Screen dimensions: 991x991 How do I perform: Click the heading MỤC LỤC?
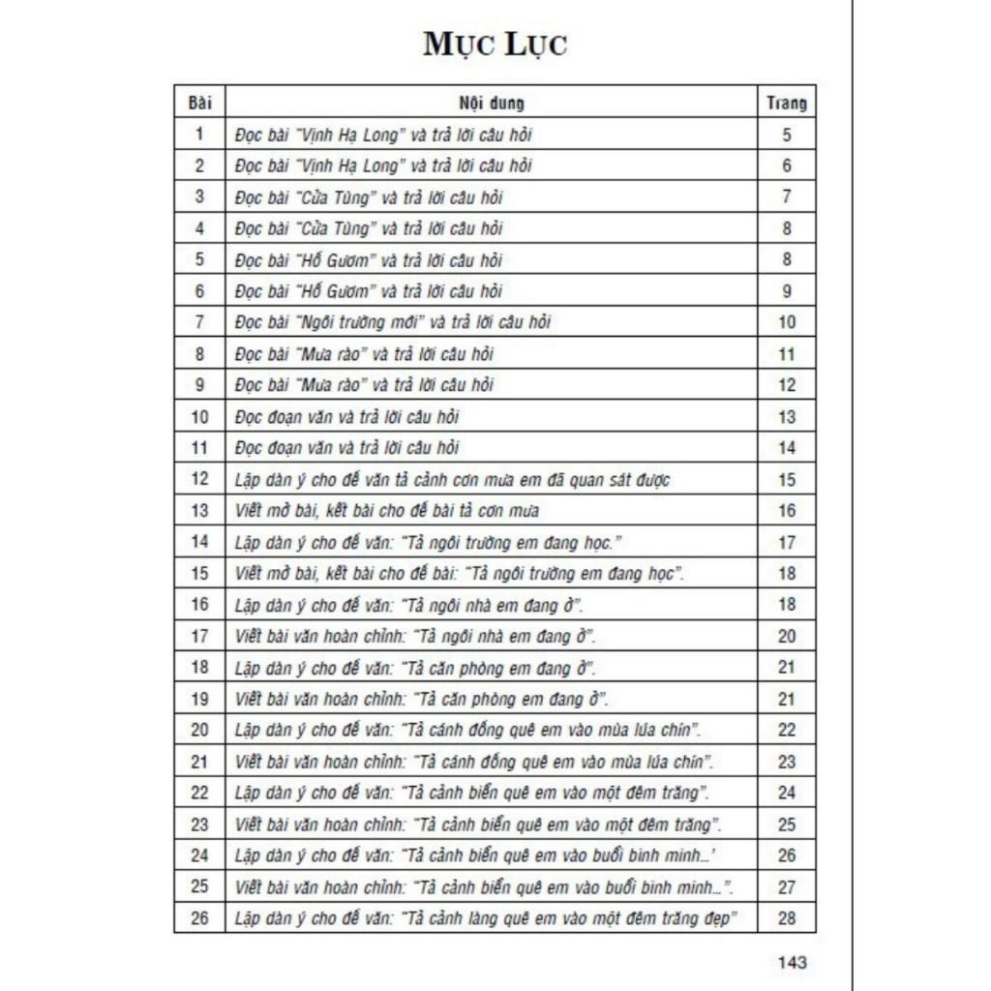point(495,45)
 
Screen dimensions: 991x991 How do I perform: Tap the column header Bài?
point(199,102)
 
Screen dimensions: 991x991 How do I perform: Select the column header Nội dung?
point(491,102)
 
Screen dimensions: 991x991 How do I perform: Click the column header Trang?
point(786,102)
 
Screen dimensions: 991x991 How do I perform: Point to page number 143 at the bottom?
point(792,962)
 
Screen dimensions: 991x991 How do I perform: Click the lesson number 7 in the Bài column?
point(199,322)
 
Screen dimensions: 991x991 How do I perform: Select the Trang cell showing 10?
point(786,322)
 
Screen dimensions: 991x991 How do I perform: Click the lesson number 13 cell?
point(199,511)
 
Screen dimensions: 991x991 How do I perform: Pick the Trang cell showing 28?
point(786,918)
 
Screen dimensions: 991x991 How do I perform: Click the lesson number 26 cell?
point(199,918)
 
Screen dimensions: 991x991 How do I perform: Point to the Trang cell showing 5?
point(786,135)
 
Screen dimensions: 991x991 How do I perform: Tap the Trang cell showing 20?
point(786,636)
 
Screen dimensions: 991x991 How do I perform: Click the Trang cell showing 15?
point(786,479)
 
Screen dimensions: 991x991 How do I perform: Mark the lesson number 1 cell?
point(199,135)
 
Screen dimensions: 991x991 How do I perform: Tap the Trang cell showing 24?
point(786,793)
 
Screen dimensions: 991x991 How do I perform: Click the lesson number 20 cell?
point(199,730)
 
